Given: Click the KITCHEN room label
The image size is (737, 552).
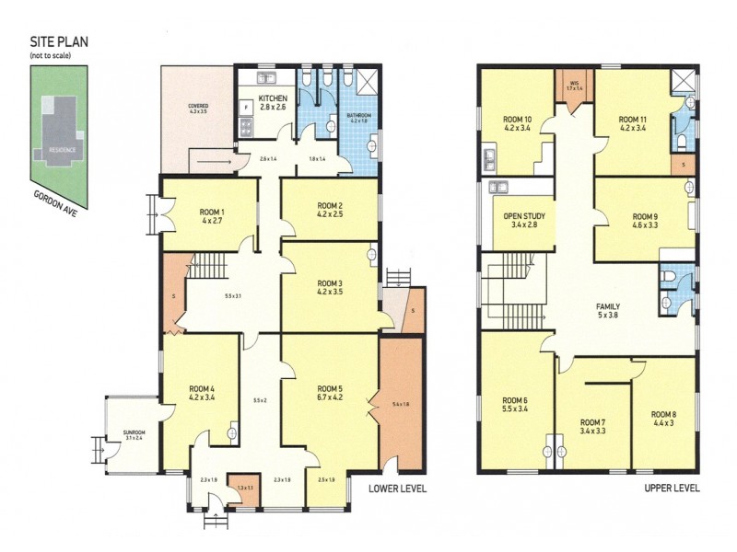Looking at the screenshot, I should coord(273,98).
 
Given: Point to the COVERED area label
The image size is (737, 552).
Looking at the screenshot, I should coord(198,106).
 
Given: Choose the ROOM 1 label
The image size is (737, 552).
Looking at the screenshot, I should coord(212,212).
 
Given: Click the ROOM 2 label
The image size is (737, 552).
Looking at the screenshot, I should coord(329,205).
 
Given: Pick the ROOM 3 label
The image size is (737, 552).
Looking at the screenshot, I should coord(329,283).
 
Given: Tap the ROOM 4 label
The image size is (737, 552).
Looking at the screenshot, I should coord(201,388).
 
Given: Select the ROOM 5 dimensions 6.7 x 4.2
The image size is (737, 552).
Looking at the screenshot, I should coord(329,398).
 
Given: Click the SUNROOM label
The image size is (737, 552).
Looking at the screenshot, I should coord(135,432).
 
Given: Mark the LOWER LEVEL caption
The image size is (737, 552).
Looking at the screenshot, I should coord(397,489).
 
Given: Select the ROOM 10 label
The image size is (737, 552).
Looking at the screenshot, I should coord(517,120).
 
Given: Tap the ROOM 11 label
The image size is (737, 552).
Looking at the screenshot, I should coord(633,120).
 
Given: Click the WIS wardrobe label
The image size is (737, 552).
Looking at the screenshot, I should coord(573,84).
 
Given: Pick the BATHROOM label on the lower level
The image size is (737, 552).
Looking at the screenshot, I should coord(358,115).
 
